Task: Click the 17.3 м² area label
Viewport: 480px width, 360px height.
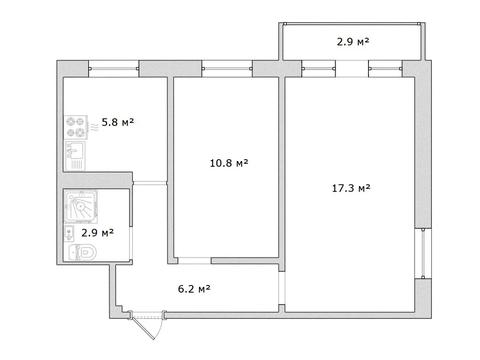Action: pyautogui.click(x=351, y=188)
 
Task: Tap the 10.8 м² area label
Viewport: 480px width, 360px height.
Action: pyautogui.click(x=229, y=163)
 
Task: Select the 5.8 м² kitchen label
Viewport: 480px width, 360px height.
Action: pyautogui.click(x=118, y=122)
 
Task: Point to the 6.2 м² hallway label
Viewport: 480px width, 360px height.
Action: pyautogui.click(x=194, y=289)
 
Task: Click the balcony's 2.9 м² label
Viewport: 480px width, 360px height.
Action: pyautogui.click(x=353, y=42)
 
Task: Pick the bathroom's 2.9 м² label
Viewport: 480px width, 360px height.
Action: pyautogui.click(x=97, y=233)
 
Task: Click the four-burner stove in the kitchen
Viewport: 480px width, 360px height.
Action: pyautogui.click(x=76, y=127)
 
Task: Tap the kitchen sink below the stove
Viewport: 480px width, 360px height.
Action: pyautogui.click(x=75, y=156)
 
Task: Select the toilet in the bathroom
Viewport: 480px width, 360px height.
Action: pyautogui.click(x=83, y=252)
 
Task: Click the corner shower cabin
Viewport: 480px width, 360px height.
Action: pyautogui.click(x=81, y=207)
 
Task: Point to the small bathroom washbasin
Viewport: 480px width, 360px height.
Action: pyautogui.click(x=69, y=233)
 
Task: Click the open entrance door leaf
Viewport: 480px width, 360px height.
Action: pyautogui.click(x=144, y=326)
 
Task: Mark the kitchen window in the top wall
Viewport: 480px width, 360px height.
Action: pyautogui.click(x=114, y=69)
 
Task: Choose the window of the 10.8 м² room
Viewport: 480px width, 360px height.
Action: pyautogui.click(x=227, y=69)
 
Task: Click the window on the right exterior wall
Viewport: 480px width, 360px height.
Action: pyautogui.click(x=423, y=253)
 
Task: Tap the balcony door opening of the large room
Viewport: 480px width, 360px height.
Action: pyautogui.click(x=352, y=69)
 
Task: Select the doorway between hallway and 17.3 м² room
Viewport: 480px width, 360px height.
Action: pyautogui.click(x=282, y=288)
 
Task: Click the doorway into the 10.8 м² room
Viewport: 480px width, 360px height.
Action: pyautogui.click(x=194, y=261)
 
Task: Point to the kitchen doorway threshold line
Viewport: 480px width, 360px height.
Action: pyautogui.click(x=150, y=182)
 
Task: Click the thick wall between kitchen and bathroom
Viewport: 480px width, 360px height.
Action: pyautogui.click(x=98, y=180)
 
